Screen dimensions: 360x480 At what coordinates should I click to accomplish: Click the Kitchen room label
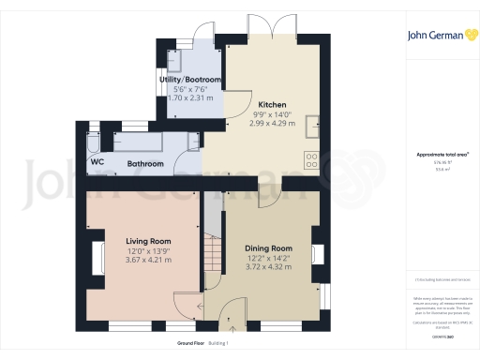pos(272,104)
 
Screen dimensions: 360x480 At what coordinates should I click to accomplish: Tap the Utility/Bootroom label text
pos(190,80)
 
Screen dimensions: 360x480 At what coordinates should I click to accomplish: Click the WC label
pos(97,162)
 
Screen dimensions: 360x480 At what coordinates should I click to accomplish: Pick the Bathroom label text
pos(145,164)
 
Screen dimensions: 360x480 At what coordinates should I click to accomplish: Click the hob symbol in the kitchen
pos(310,159)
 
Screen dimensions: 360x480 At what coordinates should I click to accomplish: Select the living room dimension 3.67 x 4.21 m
pos(150,259)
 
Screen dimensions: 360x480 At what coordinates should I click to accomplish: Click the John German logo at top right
pos(439,36)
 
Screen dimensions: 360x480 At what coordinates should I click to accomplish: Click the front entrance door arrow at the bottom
pos(232,328)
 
